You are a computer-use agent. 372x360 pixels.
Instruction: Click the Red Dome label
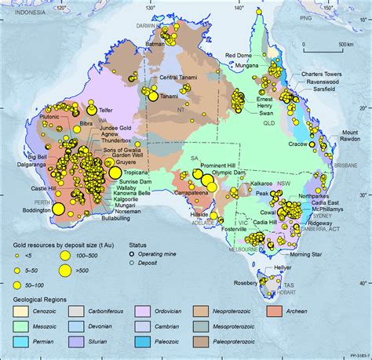(239, 55)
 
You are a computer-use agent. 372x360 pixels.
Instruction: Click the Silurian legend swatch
(137, 342)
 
